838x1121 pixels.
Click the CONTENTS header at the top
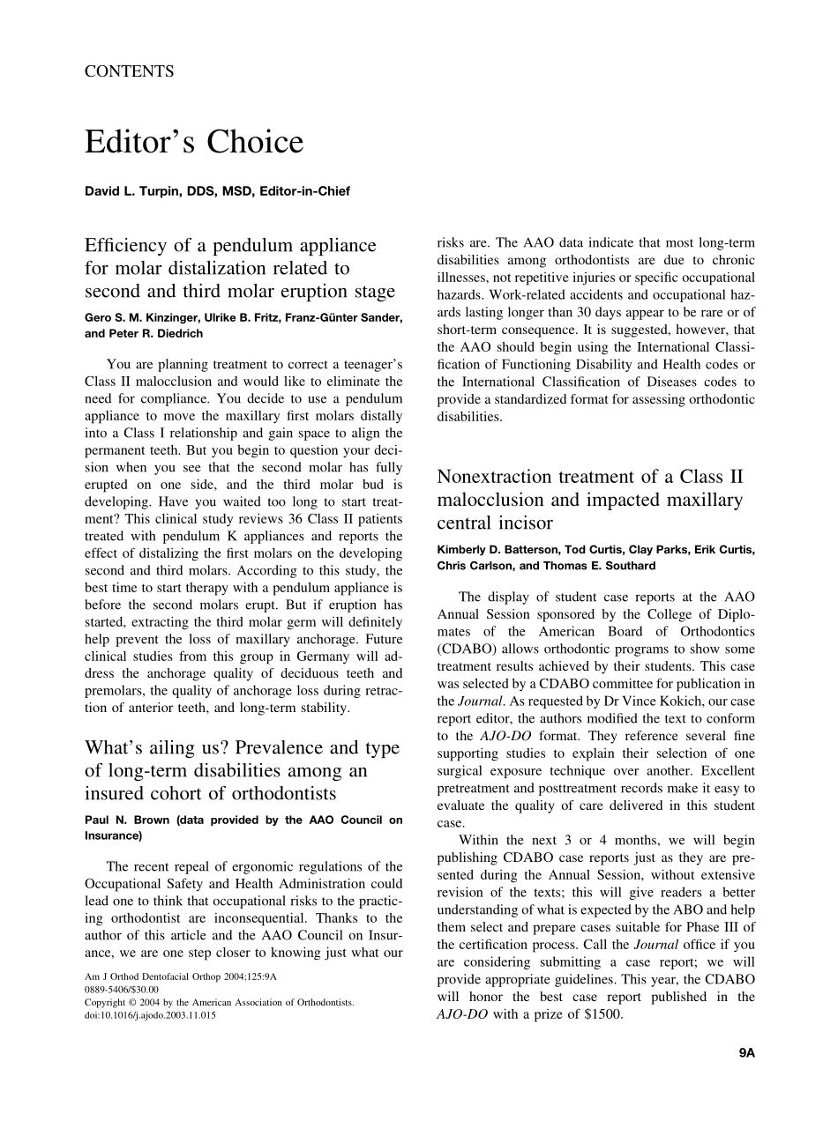click(129, 72)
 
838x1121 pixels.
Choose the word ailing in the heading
click(189, 748)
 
